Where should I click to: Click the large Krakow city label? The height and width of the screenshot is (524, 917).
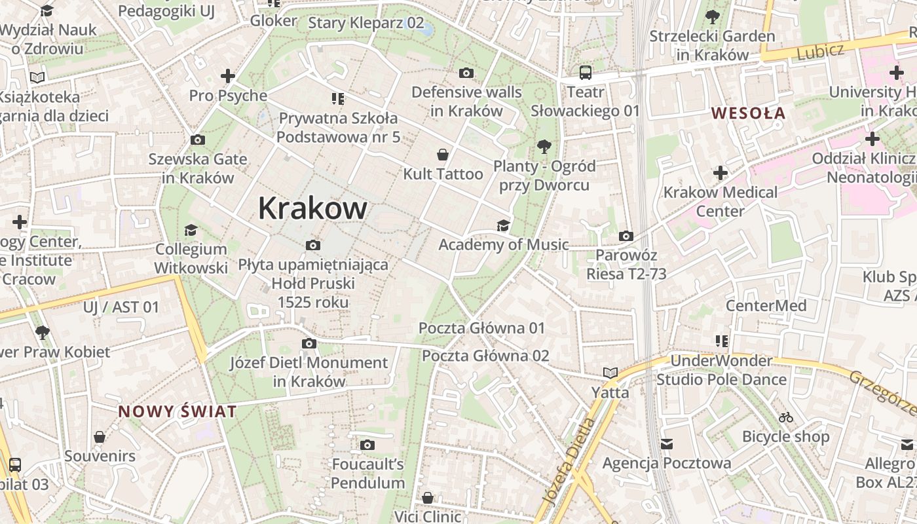coord(312,208)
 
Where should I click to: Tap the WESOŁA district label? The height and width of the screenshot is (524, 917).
coord(748,113)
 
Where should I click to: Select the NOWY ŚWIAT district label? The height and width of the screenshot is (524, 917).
coord(177,412)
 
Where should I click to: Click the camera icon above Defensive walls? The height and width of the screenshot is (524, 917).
coord(466,73)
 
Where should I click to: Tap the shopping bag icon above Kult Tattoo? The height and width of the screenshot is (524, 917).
coord(443,155)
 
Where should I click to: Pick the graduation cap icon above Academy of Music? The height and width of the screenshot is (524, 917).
coord(502,226)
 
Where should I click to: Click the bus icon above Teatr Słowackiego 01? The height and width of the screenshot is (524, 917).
coord(585,73)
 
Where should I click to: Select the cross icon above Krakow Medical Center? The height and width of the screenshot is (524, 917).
coord(720,173)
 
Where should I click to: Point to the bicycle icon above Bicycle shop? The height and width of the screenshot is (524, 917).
coord(786,417)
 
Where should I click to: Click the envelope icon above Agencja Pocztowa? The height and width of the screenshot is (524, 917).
coord(667,444)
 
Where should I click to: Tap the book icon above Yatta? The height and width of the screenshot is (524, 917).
coord(610,373)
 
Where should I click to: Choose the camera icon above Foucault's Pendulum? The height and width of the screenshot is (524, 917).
coord(367,445)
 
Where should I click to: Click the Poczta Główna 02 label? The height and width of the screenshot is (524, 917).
coord(485,356)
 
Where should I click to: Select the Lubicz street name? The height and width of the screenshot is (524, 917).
coord(820,51)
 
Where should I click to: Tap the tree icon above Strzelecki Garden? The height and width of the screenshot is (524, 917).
coord(712,17)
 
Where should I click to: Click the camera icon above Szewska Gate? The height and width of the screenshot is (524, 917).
coord(197,140)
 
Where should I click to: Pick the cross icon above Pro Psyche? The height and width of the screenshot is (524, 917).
coord(228,76)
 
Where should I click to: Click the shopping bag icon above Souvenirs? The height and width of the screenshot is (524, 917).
coord(100,437)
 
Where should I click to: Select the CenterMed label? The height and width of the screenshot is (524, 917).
coord(766,305)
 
